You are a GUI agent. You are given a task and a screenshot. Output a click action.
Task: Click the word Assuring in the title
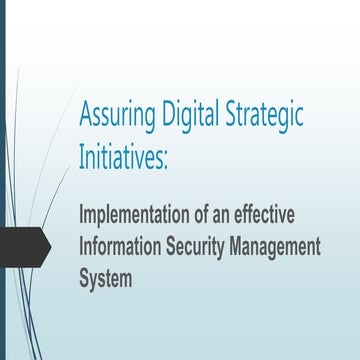[115, 118]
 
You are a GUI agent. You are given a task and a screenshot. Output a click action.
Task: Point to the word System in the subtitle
[105, 276]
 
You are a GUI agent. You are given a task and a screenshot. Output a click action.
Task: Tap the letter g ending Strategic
[297, 121]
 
